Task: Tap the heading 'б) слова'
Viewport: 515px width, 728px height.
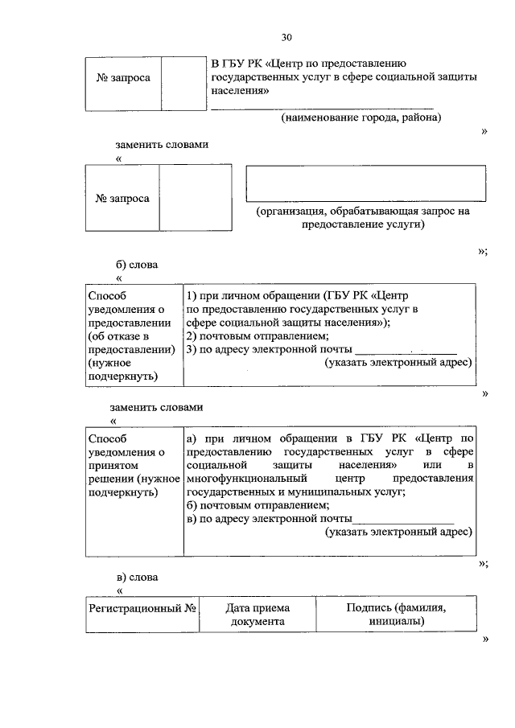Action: coord(138,265)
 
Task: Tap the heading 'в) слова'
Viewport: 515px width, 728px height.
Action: coord(138,578)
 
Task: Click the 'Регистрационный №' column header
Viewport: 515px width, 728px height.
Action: coord(142,609)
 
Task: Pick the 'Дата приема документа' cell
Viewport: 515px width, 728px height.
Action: coord(257,615)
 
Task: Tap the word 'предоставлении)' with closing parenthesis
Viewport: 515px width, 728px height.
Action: coord(132,350)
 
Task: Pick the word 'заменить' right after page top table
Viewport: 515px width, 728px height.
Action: coord(141,145)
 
